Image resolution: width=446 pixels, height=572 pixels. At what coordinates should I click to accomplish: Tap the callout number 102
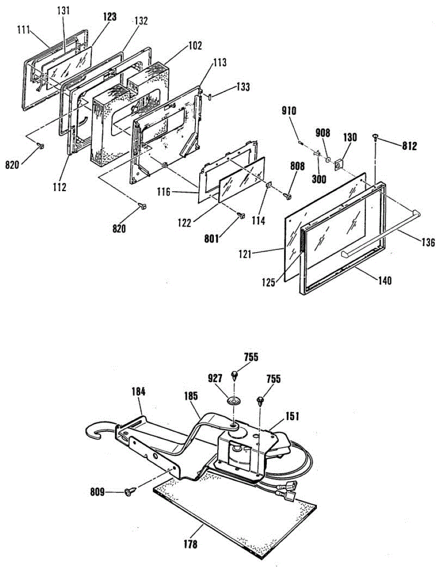pyautogui.click(x=195, y=46)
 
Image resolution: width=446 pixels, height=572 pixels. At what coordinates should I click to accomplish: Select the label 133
pyautogui.click(x=243, y=87)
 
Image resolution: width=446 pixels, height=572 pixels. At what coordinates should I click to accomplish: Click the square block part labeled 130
pyautogui.click(x=339, y=164)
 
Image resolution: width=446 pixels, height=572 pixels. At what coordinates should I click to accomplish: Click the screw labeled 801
pyautogui.click(x=241, y=215)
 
